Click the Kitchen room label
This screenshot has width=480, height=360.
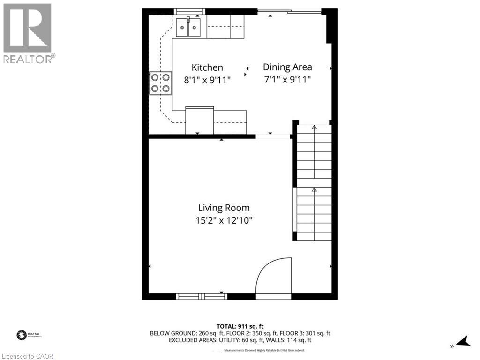pyautogui.click(x=207, y=67)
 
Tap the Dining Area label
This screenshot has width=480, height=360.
pyautogui.click(x=287, y=67)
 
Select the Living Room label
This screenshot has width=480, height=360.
pyautogui.click(x=224, y=208)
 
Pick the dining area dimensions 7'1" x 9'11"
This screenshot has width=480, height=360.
pyautogui.click(x=287, y=79)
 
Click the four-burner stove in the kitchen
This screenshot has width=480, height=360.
pyautogui.click(x=160, y=83)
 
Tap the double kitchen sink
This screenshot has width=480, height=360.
pyautogui.click(x=188, y=26)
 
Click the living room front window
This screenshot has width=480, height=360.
pyautogui.click(x=201, y=296)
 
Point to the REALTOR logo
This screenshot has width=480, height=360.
pyautogui.click(x=28, y=33)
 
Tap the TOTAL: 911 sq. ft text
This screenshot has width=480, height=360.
pyautogui.click(x=240, y=326)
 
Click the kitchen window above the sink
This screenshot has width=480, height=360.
pyautogui.click(x=189, y=11)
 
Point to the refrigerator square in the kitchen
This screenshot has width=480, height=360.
pyautogui.click(x=199, y=120)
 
